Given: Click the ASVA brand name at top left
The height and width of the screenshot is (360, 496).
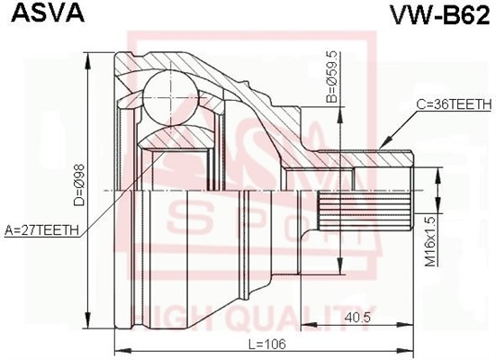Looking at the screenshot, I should tap(33, 13).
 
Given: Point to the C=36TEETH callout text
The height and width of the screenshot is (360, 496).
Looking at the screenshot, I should tap(453, 105).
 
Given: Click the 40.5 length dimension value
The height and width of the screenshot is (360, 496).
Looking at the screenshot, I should tap(360, 317).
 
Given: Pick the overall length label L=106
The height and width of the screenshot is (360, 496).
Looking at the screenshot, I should tap(262, 344).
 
